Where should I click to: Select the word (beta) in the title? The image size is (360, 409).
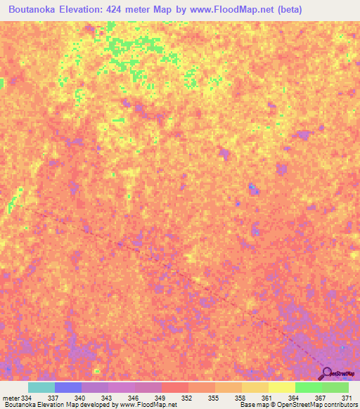287,11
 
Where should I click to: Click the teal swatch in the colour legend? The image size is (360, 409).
41,387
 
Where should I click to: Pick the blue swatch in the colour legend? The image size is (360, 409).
67,387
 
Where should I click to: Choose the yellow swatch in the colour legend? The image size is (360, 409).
281,387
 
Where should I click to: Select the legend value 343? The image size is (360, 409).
106,398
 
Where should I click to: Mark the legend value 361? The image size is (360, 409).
267,398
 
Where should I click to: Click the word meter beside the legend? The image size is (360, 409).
10,398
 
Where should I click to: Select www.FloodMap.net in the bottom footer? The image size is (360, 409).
146,405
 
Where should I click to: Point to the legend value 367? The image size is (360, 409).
320,398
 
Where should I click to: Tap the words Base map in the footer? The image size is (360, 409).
252,405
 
